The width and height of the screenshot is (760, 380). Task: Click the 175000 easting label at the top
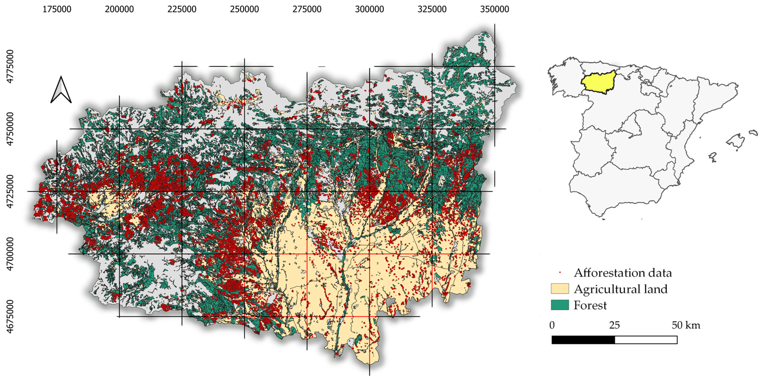click(x=57, y=9)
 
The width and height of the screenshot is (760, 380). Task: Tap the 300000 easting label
click(x=369, y=9)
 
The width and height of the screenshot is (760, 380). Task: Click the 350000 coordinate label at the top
click(x=495, y=9)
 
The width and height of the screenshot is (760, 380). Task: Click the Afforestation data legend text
click(x=622, y=273)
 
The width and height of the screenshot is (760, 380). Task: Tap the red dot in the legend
click(x=560, y=272)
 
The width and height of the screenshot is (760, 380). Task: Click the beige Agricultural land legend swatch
click(x=560, y=289)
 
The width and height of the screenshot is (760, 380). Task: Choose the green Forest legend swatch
click(x=560, y=305)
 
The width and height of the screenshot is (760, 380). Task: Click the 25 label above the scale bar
click(x=614, y=325)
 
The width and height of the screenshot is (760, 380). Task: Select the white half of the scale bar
click(x=646, y=340)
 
